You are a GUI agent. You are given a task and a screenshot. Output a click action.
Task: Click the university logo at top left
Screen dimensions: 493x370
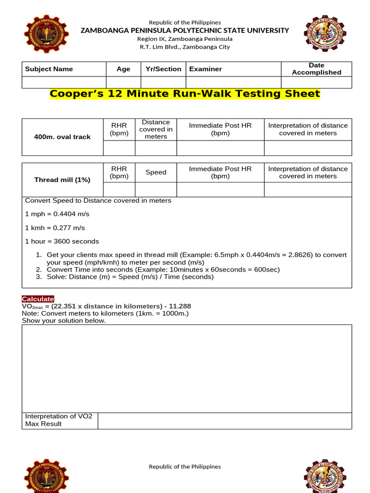tap(46, 34)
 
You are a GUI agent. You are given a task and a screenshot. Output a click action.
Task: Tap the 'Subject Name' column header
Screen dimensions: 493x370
tap(49, 69)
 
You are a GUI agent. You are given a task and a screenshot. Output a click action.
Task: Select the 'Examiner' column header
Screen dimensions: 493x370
tap(206, 69)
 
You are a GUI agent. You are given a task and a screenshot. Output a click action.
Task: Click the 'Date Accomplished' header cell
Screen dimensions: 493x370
tap(317, 69)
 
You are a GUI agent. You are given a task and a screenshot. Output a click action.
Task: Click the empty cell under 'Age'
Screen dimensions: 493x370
tap(123, 82)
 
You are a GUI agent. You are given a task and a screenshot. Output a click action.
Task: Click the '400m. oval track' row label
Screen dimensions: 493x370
tap(62, 137)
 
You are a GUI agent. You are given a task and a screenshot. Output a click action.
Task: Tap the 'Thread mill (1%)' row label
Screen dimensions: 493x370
tap(62, 180)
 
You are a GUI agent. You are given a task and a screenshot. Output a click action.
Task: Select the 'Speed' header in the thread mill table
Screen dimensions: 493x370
tap(156, 172)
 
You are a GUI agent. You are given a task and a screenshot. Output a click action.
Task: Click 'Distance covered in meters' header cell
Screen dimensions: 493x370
tap(156, 129)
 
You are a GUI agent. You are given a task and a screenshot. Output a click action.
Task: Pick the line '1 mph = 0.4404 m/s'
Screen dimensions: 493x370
tap(57, 214)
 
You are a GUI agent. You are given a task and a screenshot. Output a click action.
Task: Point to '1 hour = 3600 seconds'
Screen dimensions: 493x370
tap(62, 241)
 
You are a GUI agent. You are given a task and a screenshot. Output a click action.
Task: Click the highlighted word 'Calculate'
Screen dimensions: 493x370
tap(38, 299)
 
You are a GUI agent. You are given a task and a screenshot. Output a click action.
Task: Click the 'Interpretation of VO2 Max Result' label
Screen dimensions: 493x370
tap(59, 420)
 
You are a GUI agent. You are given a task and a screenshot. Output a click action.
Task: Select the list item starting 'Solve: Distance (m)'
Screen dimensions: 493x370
tap(130, 277)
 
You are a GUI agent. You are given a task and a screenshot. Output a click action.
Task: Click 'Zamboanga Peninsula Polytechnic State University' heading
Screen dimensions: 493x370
tap(185, 30)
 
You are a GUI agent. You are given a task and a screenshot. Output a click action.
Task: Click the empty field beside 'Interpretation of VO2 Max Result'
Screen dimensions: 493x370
tap(225, 420)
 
